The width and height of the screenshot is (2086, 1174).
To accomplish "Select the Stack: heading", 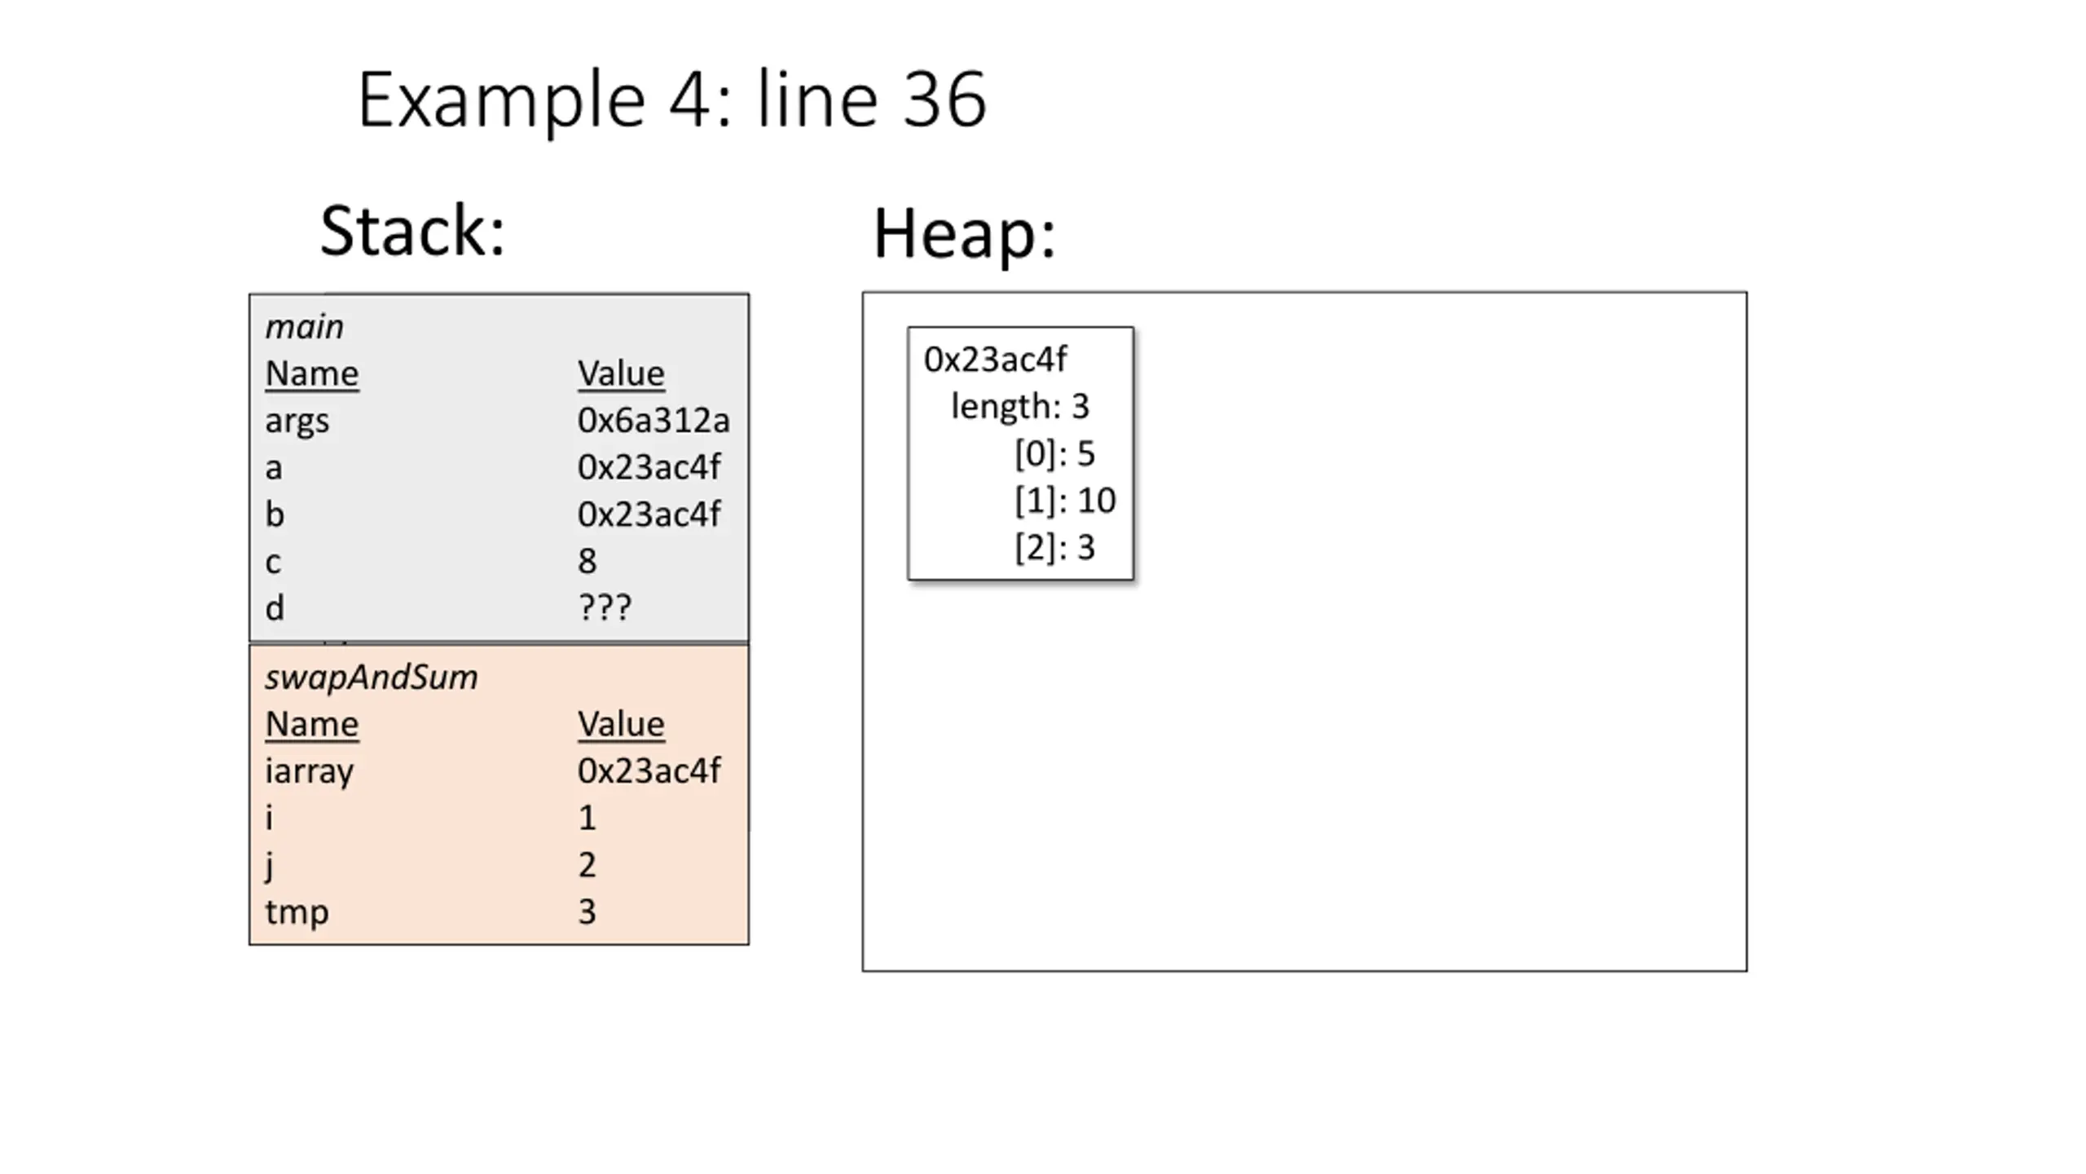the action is coord(413,231).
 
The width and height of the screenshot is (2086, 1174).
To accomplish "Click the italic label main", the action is coord(304,327).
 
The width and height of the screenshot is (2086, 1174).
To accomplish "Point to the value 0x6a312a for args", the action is coord(654,421).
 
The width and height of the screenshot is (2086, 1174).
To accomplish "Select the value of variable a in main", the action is coord(649,467).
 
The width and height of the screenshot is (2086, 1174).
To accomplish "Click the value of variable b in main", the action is coord(649,514).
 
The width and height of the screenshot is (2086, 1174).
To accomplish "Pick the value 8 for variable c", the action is coord(587,561).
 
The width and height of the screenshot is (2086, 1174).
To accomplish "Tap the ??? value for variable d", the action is coord(605,607).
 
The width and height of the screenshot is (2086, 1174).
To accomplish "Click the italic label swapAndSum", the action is coord(372,677).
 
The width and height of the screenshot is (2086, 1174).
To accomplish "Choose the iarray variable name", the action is coord(310,772).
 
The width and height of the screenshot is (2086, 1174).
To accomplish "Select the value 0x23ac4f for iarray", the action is coord(649,770).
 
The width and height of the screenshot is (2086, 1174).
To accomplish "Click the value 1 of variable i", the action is coord(588,818).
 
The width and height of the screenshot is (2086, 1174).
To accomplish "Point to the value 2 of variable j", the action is coord(587,864).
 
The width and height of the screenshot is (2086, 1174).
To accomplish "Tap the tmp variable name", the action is coord(297,912).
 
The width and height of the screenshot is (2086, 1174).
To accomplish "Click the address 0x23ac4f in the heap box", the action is coord(996,360).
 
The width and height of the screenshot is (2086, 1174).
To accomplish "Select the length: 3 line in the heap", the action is coord(1020,406).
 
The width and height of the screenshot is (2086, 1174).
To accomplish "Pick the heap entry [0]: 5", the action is coord(1054,453).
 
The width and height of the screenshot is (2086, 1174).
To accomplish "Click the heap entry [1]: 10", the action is coord(1065,500).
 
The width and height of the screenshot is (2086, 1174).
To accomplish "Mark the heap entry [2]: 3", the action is coord(1054,547).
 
